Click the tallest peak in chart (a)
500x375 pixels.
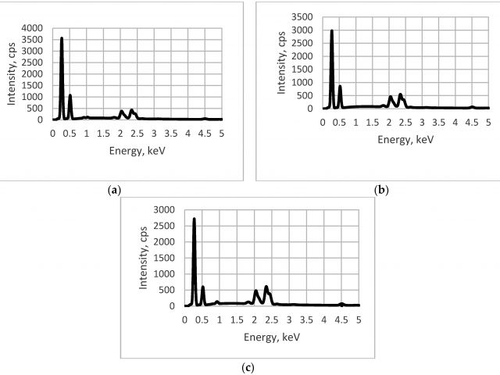click(62, 38)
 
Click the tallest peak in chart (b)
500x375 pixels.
click(332, 31)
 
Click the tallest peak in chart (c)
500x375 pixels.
click(194, 220)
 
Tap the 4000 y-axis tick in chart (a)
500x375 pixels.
click(36, 28)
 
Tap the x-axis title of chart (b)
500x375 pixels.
click(405, 137)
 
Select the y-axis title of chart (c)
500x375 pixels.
click(144, 258)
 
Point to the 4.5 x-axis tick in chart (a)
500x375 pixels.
click(205, 134)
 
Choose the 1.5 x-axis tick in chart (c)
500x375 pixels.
click(237, 319)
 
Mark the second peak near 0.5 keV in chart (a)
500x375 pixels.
click(70, 96)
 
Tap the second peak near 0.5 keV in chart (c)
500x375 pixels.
click(202, 287)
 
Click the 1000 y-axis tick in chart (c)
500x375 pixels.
click(162, 274)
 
